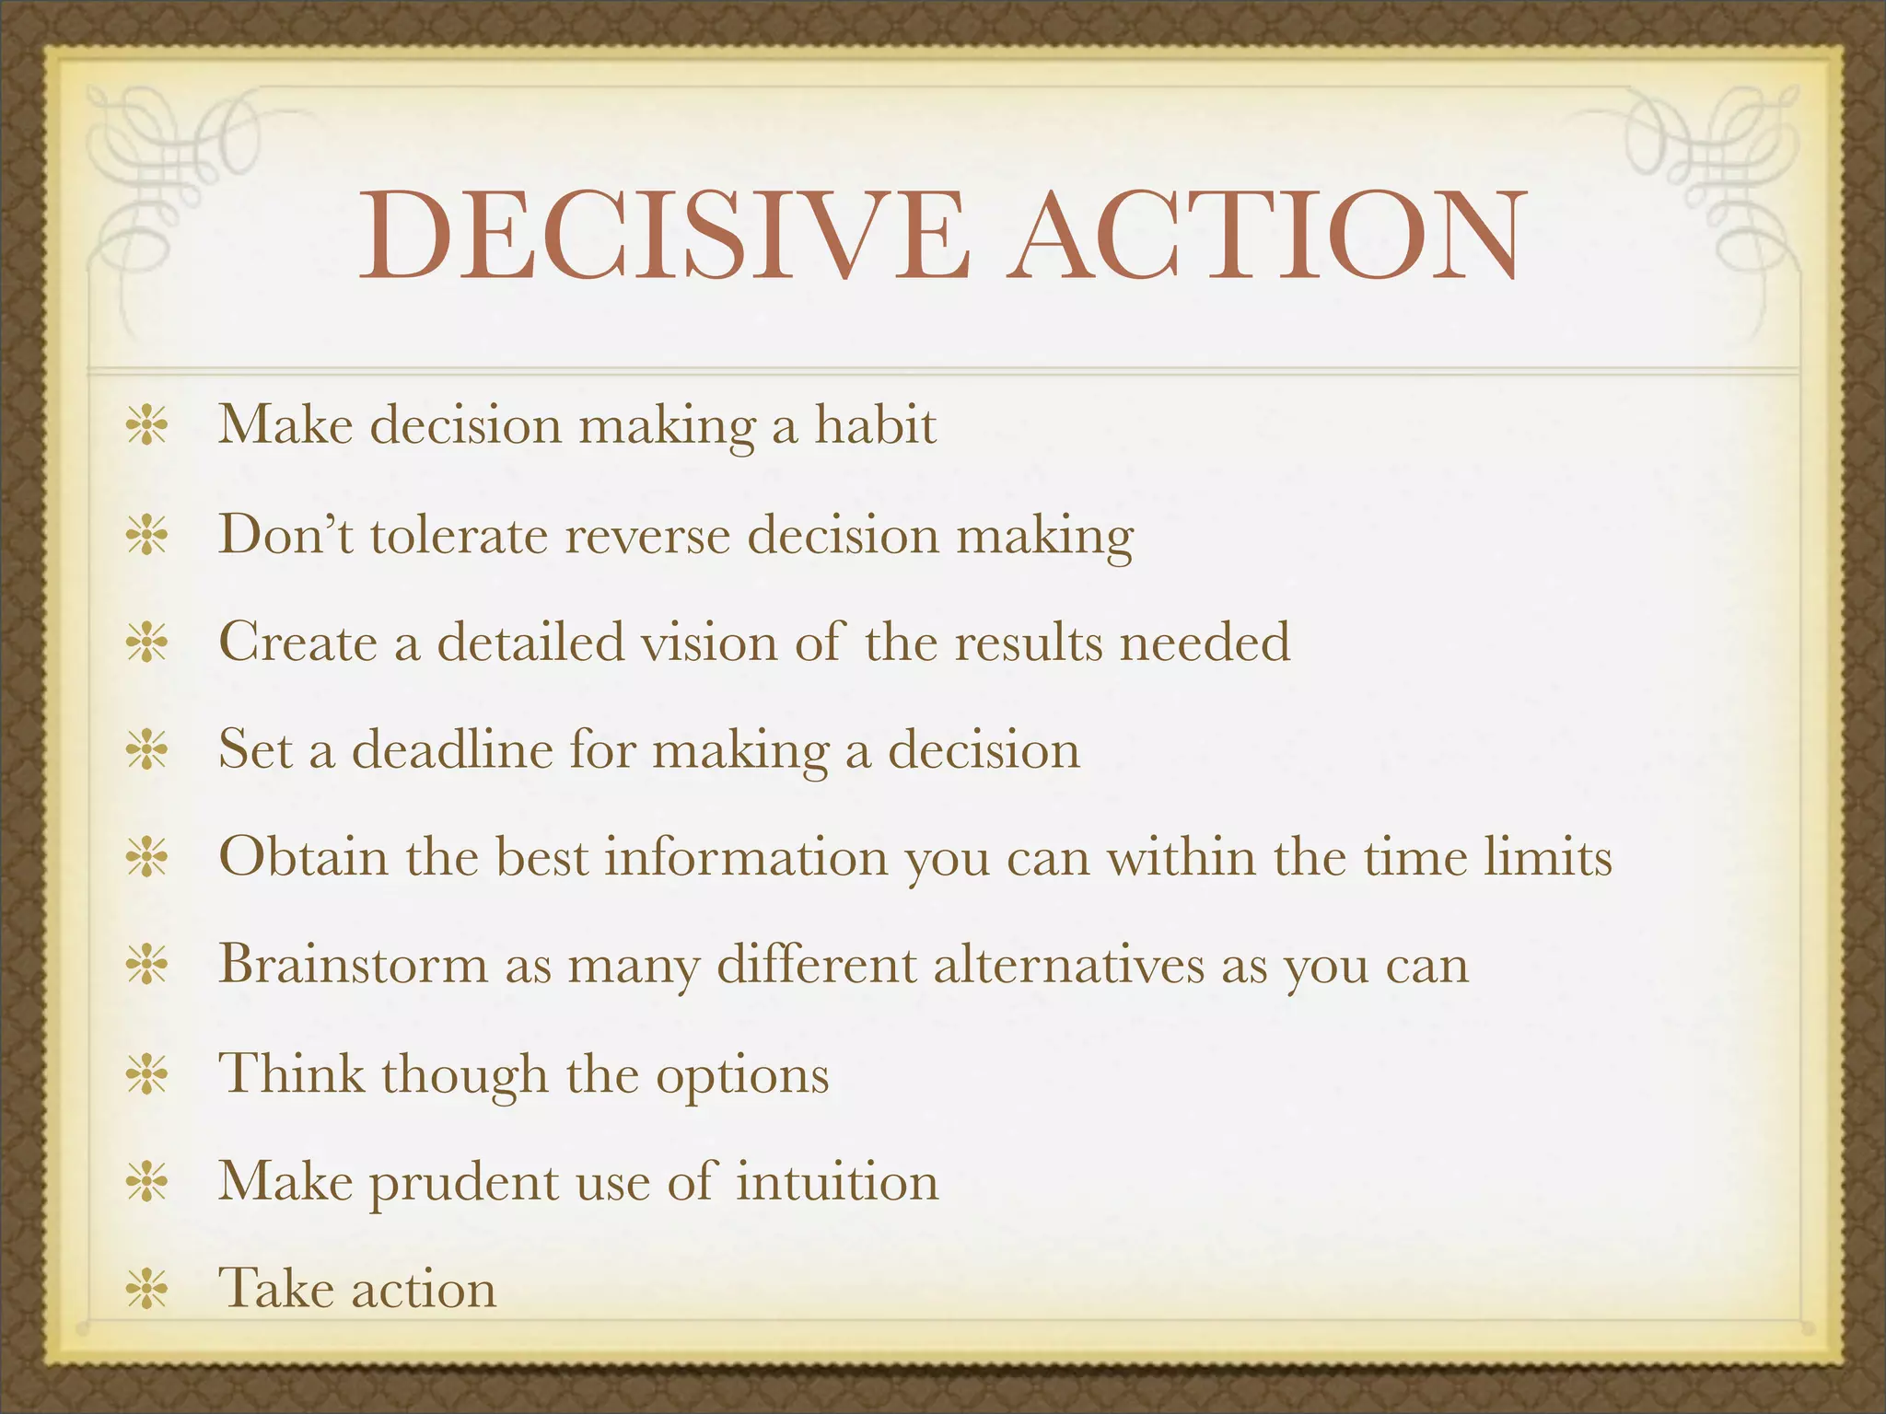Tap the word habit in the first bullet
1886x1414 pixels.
[875, 426]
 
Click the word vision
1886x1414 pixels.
[709, 642]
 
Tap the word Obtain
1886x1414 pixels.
[303, 857]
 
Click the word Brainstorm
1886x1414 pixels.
[353, 965]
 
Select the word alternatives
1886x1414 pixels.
[1068, 965]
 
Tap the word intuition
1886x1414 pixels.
[837, 1182]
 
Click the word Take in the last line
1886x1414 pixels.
[275, 1288]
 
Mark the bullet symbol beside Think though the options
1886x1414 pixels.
[147, 1073]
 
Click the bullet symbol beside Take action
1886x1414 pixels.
[147, 1289]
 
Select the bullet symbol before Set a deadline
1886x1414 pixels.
[147, 750]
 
